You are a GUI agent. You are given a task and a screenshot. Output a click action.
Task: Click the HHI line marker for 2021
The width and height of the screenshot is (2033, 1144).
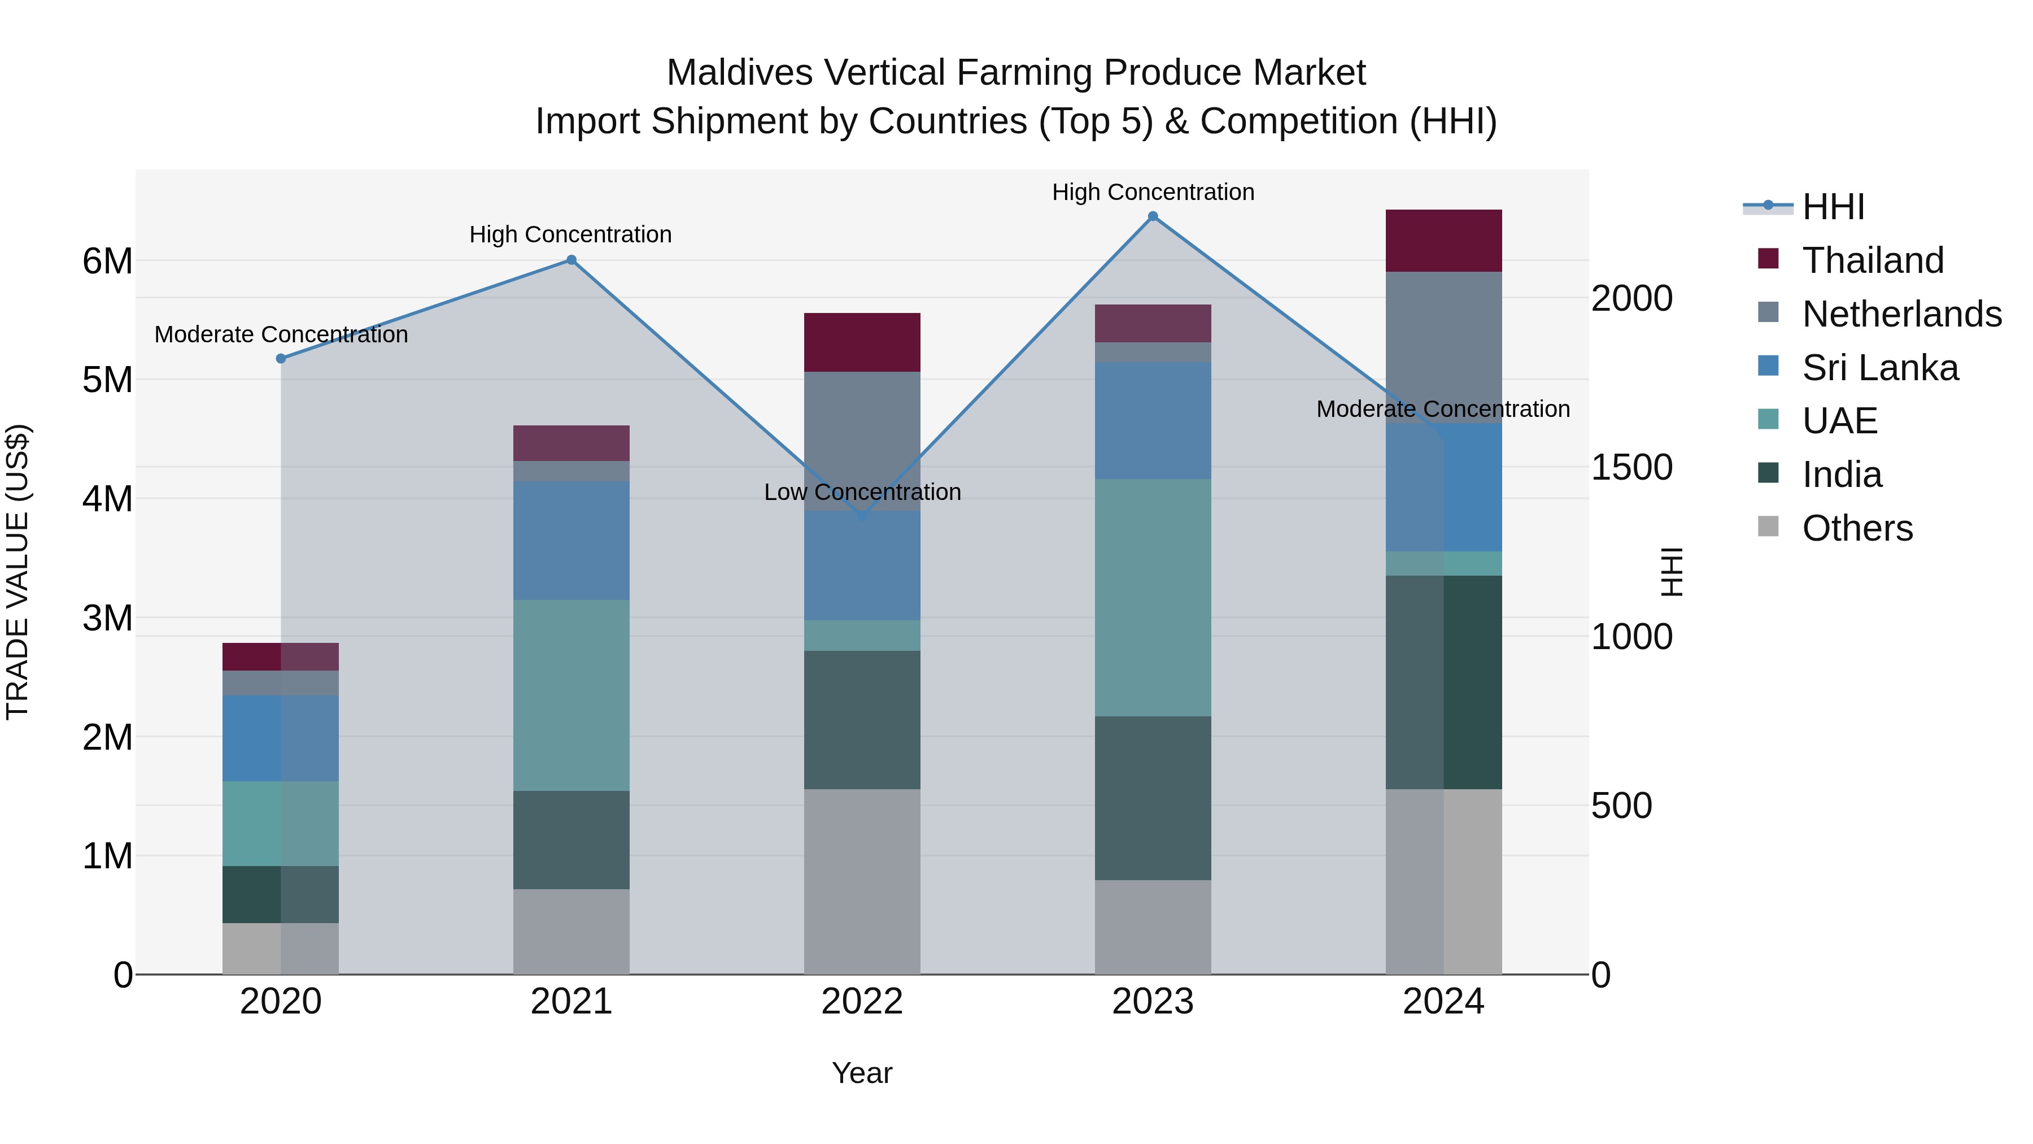pyautogui.click(x=571, y=260)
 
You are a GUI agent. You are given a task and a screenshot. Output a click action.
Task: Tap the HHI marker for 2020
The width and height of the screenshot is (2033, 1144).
pyautogui.click(x=281, y=358)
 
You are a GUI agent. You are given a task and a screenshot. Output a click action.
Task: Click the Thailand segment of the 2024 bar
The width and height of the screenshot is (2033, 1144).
pyautogui.click(x=1443, y=241)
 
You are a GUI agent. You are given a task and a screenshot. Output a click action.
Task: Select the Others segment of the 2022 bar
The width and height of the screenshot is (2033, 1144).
pyautogui.click(x=862, y=881)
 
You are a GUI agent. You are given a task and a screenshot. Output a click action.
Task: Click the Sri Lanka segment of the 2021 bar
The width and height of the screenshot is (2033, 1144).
pyautogui.click(x=571, y=541)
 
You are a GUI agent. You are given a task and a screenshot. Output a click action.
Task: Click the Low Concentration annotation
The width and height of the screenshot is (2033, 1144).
pyautogui.click(x=862, y=492)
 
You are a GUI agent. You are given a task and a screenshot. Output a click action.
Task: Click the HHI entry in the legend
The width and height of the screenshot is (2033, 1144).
pyautogui.click(x=1833, y=207)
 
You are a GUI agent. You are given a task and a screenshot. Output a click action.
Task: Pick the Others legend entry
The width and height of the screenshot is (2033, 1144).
pyautogui.click(x=1856, y=528)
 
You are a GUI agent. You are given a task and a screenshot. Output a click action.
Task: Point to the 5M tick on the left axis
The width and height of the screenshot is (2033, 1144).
pyautogui.click(x=107, y=380)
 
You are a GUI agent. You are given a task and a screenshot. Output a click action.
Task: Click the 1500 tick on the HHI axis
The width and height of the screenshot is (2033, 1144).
pyautogui.click(x=1630, y=467)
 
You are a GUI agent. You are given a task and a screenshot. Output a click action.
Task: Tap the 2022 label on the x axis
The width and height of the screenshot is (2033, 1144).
pyautogui.click(x=862, y=1002)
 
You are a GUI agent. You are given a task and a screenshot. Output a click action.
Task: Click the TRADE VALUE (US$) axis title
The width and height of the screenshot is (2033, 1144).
pyautogui.click(x=18, y=572)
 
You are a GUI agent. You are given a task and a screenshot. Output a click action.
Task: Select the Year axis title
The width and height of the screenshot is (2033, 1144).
pyautogui.click(x=862, y=1073)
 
